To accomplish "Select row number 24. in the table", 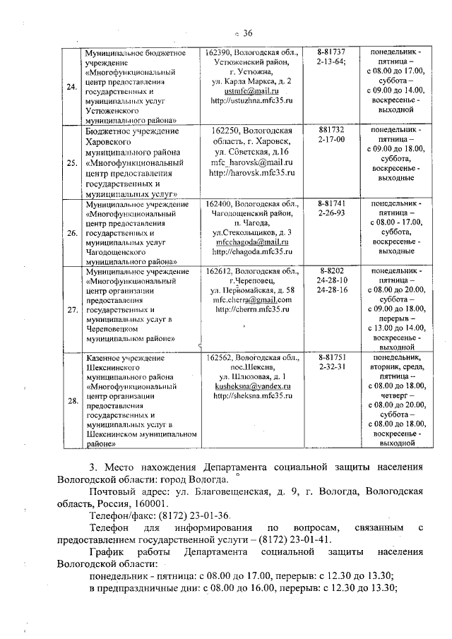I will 71,87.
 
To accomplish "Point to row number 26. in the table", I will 71,232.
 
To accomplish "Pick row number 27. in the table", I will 71,309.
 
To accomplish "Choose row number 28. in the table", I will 71,401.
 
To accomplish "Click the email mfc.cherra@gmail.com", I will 253,299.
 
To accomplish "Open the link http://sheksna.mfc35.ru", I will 253,397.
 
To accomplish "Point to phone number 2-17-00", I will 332,141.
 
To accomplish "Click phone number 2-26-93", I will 332,212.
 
